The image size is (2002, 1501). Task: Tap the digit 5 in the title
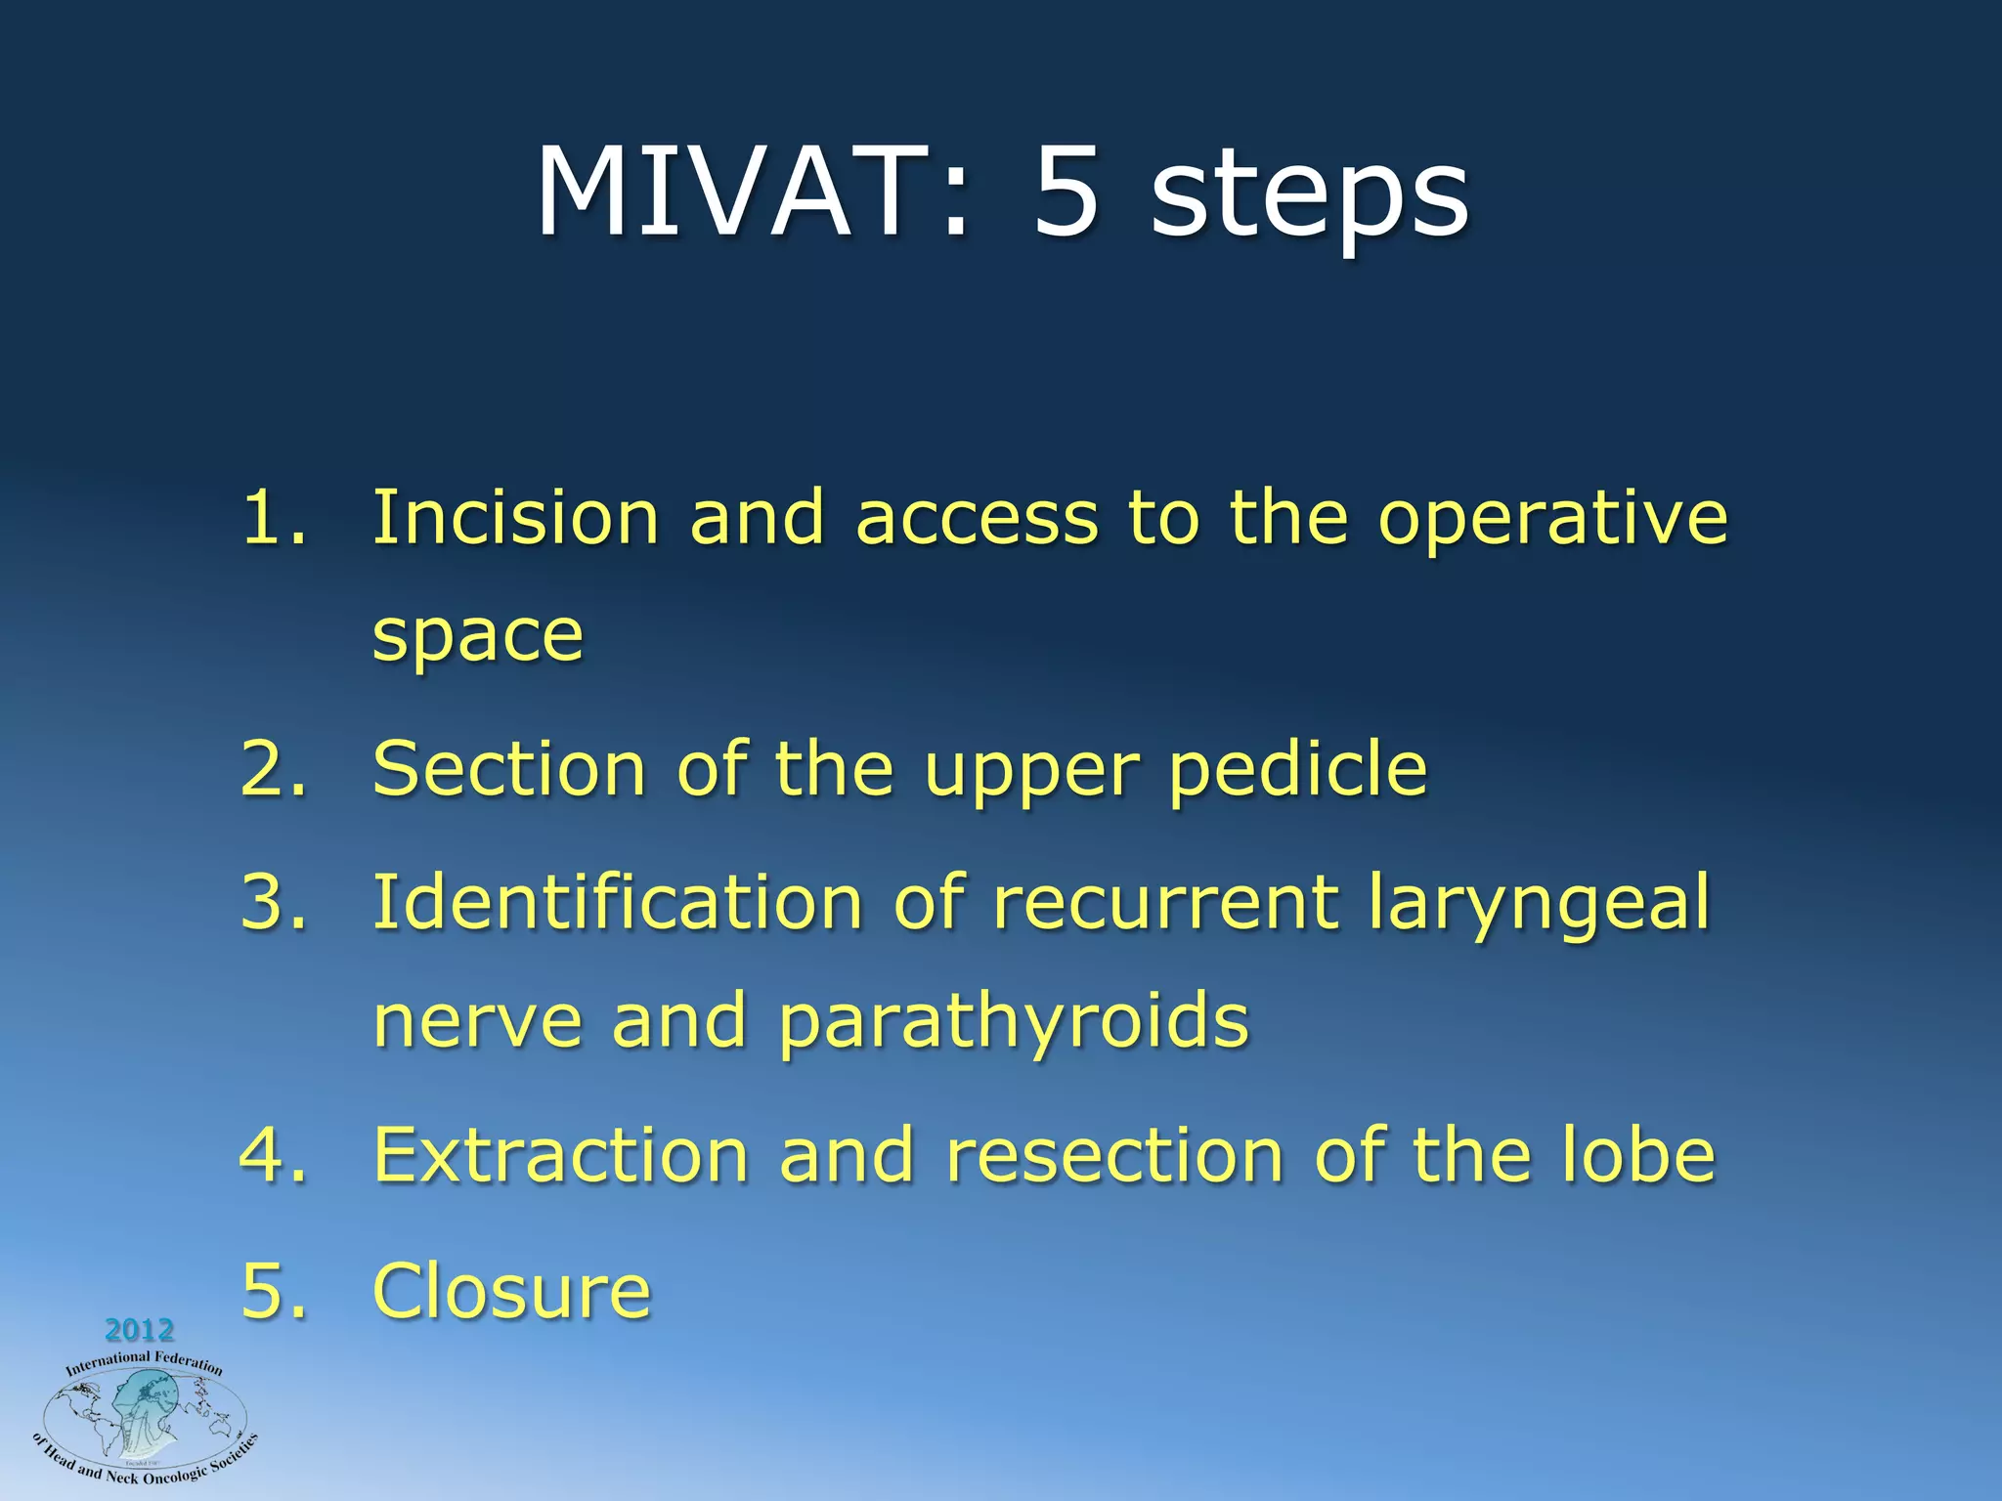click(x=1067, y=193)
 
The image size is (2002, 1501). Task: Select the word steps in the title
click(x=1310, y=200)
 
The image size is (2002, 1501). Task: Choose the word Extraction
click(x=560, y=1155)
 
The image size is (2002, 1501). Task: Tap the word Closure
click(x=511, y=1291)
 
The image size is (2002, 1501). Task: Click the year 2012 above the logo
click(x=139, y=1330)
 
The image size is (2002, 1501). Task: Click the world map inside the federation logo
click(x=145, y=1417)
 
